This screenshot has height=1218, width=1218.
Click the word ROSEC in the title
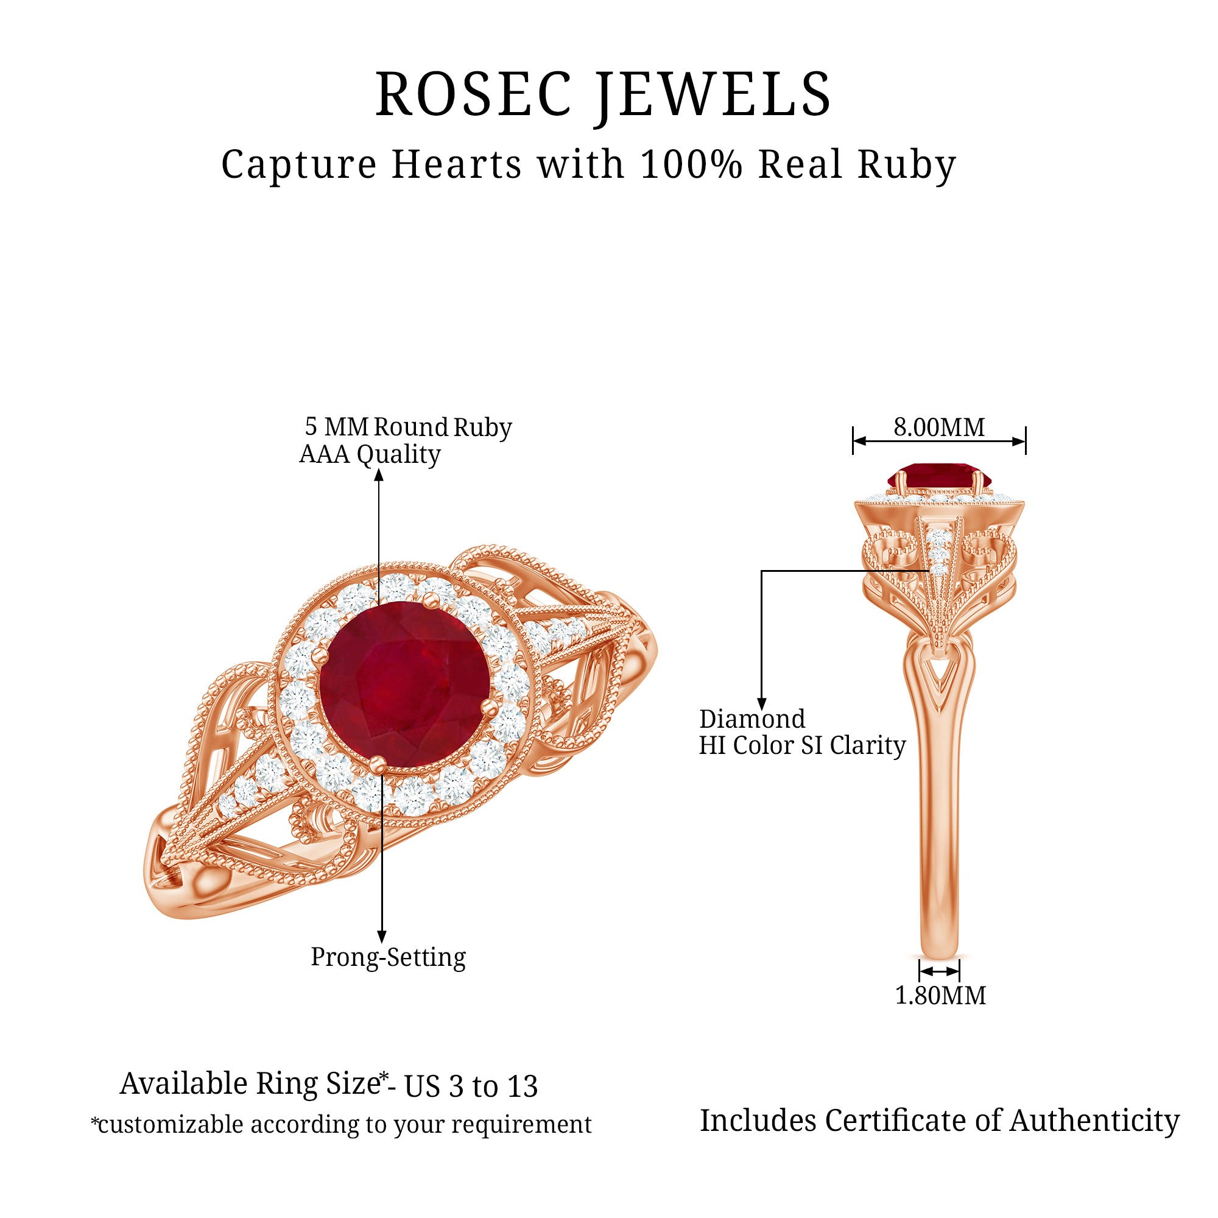pyautogui.click(x=473, y=94)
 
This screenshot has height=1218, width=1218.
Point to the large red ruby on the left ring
pyautogui.click(x=404, y=683)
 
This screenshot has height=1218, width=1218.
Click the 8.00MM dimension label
pyautogui.click(x=938, y=428)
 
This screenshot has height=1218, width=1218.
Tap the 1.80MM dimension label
pyautogui.click(x=940, y=995)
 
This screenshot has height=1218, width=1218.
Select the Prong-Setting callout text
pyautogui.click(x=389, y=956)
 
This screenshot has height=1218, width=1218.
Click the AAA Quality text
pyautogui.click(x=370, y=454)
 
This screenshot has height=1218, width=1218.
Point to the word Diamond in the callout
pyautogui.click(x=752, y=719)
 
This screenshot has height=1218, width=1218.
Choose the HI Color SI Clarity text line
pyautogui.click(x=802, y=746)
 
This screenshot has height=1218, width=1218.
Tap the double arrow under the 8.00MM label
pyautogui.click(x=938, y=442)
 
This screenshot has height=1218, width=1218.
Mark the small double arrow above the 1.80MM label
pyautogui.click(x=938, y=970)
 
